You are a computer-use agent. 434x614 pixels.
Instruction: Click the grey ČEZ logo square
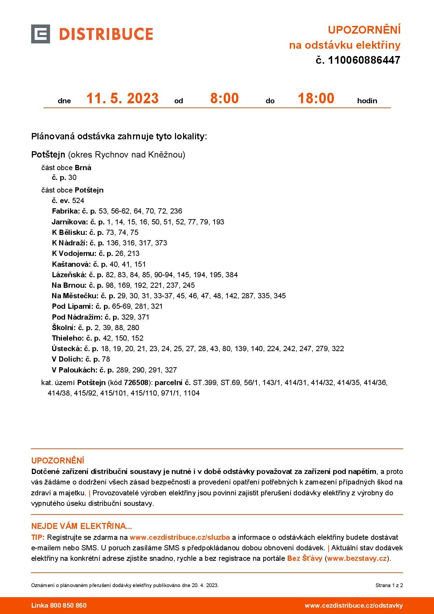click(x=40, y=34)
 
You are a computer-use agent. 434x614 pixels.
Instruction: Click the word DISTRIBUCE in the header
click(x=106, y=34)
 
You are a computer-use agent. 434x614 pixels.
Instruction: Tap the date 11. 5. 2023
click(x=122, y=98)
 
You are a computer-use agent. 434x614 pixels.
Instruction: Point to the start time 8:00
click(x=224, y=98)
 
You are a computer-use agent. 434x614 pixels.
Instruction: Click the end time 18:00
click(x=316, y=98)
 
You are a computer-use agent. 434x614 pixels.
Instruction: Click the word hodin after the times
click(x=367, y=101)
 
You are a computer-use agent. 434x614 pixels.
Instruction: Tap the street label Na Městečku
click(x=75, y=296)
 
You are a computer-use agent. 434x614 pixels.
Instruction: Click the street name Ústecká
click(x=66, y=349)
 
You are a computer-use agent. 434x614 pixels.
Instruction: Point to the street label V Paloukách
click(x=74, y=370)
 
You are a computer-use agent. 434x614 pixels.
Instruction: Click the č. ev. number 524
click(x=78, y=201)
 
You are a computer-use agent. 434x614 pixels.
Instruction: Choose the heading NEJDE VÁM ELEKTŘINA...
click(x=82, y=526)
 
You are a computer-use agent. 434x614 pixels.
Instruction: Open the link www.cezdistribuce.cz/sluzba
click(x=180, y=537)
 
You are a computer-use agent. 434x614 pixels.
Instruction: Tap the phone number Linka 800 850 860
click(x=59, y=606)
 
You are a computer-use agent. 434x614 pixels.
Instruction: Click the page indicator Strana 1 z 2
click(x=389, y=585)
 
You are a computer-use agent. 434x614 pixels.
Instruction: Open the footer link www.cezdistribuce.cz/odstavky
click(x=353, y=606)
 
